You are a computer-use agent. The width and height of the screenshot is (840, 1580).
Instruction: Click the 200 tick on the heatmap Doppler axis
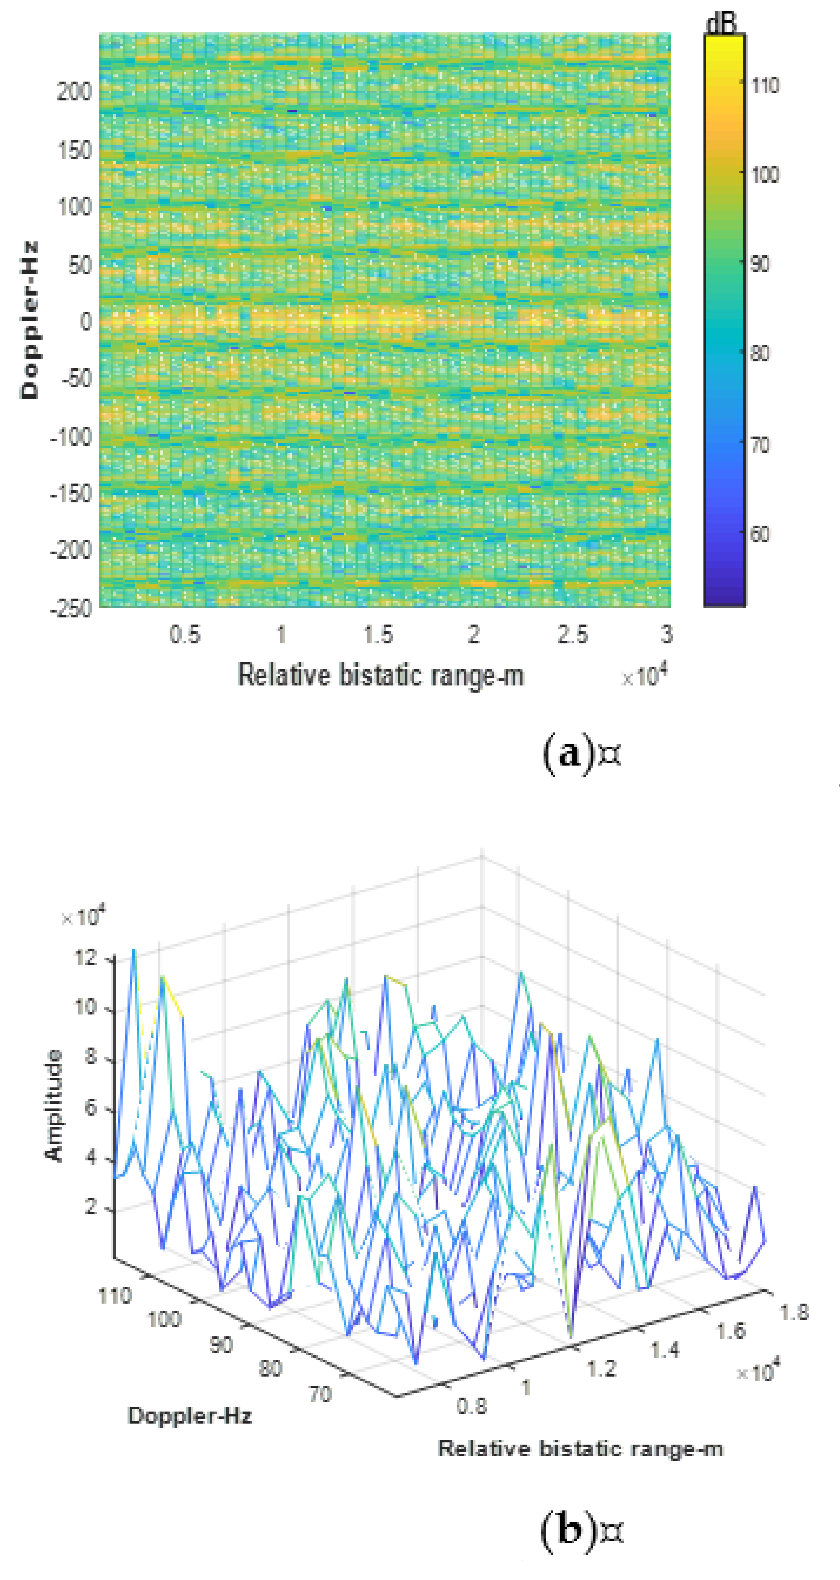point(74,92)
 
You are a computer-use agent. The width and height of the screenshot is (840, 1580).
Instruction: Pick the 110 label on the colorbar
point(764,85)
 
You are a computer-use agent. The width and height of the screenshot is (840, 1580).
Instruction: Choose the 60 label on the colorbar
point(759,534)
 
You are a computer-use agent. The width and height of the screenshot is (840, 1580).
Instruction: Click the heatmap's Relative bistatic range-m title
point(380,675)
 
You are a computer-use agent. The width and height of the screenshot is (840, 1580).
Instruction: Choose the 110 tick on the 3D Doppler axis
point(115,1296)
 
